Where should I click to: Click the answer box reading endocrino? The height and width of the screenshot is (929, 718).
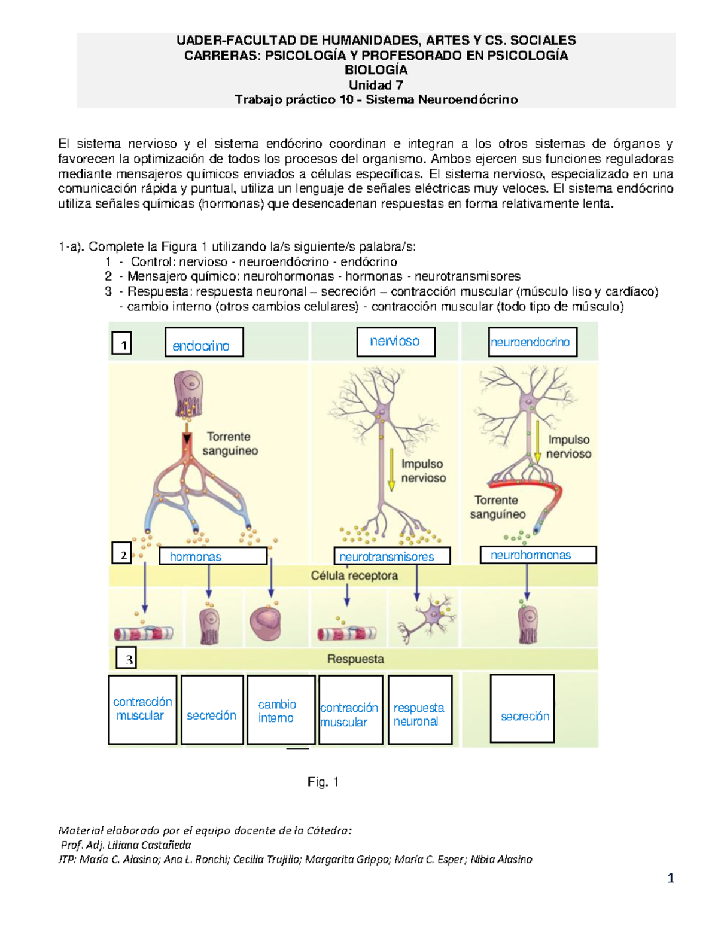(204, 343)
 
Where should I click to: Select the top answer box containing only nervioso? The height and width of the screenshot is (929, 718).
(395, 342)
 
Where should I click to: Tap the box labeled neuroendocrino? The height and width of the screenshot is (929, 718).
(532, 342)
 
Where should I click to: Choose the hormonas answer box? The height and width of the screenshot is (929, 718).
(212, 556)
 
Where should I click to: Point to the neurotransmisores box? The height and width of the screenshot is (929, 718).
(391, 556)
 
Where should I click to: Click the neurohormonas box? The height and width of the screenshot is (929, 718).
(537, 555)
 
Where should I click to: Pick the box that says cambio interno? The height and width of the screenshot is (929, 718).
(280, 710)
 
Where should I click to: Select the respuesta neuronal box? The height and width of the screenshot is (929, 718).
(419, 710)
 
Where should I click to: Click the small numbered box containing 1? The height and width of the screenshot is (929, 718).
(122, 345)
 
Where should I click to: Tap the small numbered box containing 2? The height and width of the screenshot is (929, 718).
(122, 554)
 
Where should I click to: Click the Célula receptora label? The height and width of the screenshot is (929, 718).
(354, 576)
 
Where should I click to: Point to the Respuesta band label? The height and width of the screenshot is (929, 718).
(355, 659)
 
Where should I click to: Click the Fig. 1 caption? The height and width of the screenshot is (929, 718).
(323, 782)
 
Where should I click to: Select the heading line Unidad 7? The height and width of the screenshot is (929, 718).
(376, 85)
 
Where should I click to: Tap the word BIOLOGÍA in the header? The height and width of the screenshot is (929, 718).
(376, 70)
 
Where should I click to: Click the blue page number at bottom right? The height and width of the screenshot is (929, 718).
(671, 878)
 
